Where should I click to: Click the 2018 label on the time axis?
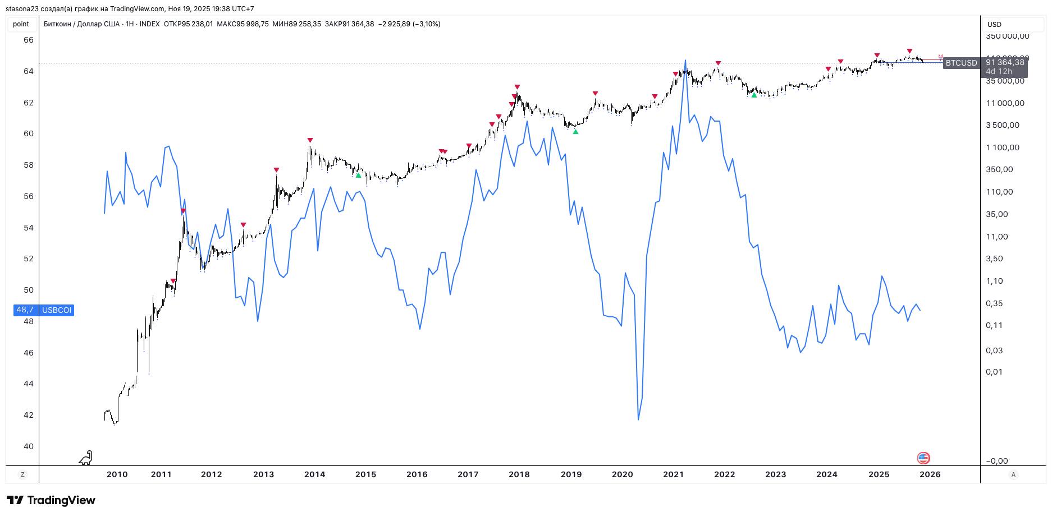click(519, 474)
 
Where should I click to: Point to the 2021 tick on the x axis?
click(673, 474)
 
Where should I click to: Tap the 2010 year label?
click(117, 474)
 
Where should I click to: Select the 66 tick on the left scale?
click(28, 40)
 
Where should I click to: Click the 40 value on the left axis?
click(28, 446)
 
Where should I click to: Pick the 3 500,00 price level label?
click(1003, 125)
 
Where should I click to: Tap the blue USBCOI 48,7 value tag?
click(44, 310)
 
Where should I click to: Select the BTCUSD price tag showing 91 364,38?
click(985, 63)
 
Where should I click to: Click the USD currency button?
click(995, 24)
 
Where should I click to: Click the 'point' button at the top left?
click(21, 24)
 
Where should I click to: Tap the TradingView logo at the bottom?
click(51, 500)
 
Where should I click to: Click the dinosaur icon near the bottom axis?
click(85, 458)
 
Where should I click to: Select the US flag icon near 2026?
click(923, 458)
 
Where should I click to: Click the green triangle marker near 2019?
click(575, 132)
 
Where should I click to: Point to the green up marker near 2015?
click(359, 176)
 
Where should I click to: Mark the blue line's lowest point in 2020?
click(638, 419)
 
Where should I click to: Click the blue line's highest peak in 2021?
click(685, 60)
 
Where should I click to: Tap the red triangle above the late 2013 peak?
click(310, 140)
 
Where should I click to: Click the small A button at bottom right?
click(1013, 474)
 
